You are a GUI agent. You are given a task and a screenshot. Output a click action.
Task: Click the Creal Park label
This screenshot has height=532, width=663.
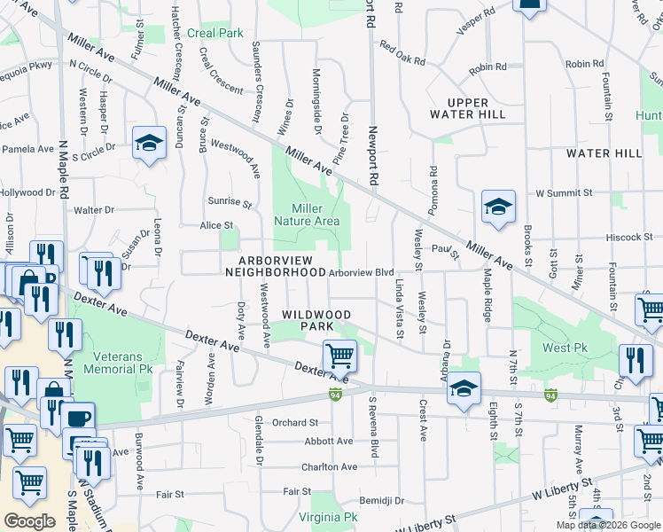215,33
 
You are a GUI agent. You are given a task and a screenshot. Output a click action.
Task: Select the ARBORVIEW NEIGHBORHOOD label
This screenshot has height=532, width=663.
271,266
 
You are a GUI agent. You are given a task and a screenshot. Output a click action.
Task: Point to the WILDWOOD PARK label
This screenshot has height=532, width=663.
316,321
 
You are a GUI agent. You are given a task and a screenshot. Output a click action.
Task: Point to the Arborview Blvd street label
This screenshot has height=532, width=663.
361,273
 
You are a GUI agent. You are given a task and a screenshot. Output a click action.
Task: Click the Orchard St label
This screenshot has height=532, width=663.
295,423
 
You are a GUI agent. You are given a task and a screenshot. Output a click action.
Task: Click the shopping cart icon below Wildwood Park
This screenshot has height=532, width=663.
339,356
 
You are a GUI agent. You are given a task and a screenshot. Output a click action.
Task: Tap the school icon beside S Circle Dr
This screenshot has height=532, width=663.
149,143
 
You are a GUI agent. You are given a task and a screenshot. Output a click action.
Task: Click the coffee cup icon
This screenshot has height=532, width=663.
79,418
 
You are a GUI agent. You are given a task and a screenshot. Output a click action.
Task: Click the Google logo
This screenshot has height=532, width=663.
29,521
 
